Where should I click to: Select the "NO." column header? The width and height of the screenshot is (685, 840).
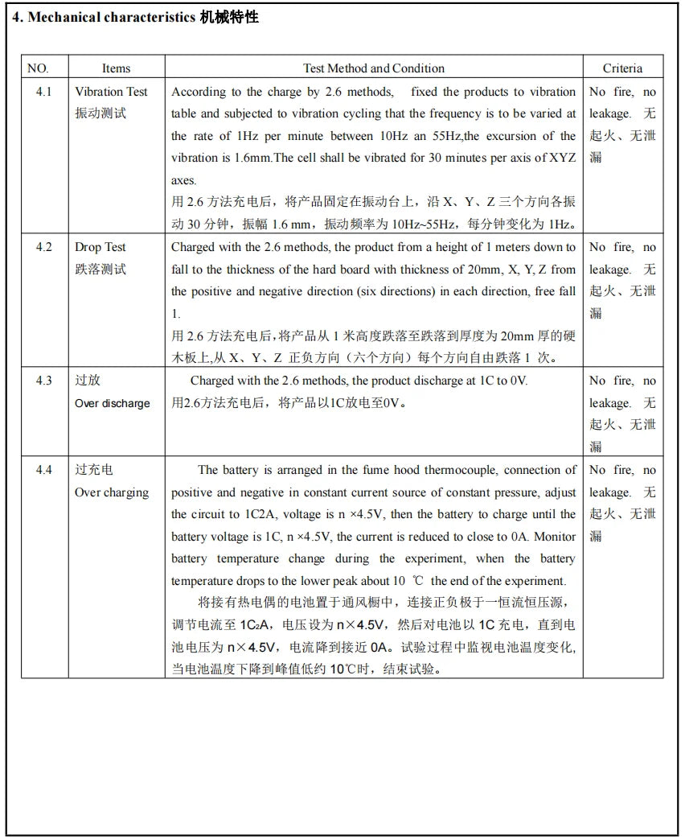[38, 68]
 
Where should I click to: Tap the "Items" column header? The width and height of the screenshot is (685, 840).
[116, 68]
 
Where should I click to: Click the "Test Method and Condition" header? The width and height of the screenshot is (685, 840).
[373, 68]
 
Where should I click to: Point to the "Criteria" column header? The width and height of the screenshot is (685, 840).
[622, 68]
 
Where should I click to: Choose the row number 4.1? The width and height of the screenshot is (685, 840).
[43, 92]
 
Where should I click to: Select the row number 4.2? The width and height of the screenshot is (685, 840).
[43, 247]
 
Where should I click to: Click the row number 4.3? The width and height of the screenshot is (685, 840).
[43, 381]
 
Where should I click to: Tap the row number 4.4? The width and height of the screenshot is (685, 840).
[43, 470]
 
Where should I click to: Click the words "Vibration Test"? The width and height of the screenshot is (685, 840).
[112, 92]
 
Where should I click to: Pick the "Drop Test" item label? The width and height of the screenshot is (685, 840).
[100, 247]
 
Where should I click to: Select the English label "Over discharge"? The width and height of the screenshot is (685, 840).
[113, 403]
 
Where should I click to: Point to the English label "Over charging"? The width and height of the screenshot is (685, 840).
[112, 492]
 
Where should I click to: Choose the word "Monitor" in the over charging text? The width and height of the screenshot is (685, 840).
[556, 537]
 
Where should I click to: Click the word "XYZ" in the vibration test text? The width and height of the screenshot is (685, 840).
[561, 158]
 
